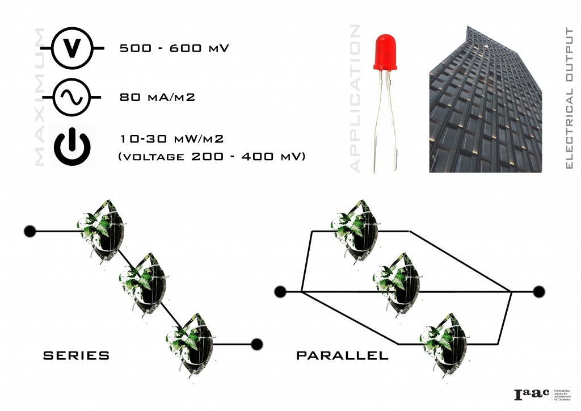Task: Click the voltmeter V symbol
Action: point(71,49)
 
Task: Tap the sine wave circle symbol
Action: point(71,98)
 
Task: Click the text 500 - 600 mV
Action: point(174,49)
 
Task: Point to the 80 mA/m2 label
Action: point(158,98)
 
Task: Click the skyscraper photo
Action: point(485,99)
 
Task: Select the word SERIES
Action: point(76,356)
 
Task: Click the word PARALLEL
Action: point(342,356)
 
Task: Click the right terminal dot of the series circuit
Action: point(256,343)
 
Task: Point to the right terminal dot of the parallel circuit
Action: point(539,292)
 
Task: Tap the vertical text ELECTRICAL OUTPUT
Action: point(570,99)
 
